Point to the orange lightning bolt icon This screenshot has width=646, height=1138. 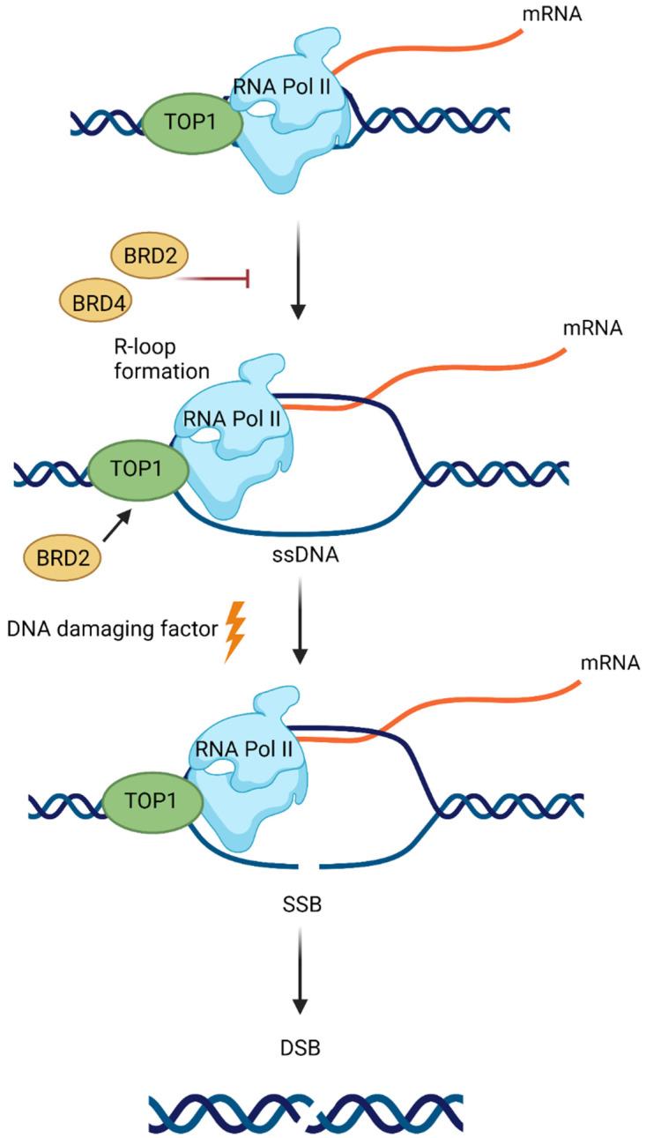pyautogui.click(x=234, y=630)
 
